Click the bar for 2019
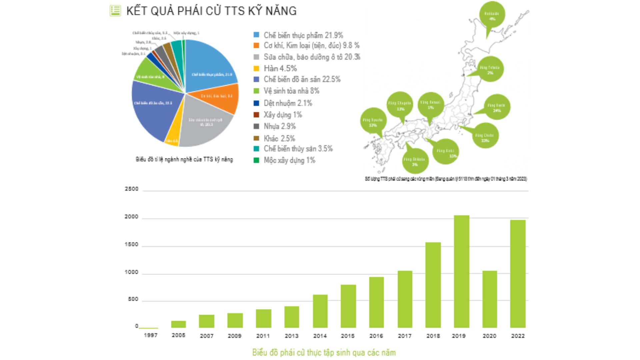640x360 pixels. pyautogui.click(x=461, y=271)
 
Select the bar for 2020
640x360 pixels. pyautogui.click(x=490, y=299)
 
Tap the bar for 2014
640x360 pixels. pyautogui.click(x=320, y=311)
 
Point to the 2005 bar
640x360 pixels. pyautogui.click(x=178, y=324)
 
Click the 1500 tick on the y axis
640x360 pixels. pyautogui.click(x=131, y=244)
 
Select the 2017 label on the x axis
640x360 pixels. pyautogui.click(x=405, y=336)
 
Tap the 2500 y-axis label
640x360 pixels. pyautogui.click(x=131, y=189)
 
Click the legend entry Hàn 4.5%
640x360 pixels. pyautogui.click(x=280, y=68)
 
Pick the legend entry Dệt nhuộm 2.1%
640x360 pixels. pyautogui.click(x=288, y=103)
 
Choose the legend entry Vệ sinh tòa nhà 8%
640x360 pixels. pyautogui.click(x=291, y=91)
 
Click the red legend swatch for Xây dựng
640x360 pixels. pyautogui.click(x=256, y=115)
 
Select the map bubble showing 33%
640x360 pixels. pyautogui.click(x=485, y=136)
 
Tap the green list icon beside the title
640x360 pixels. pyautogui.click(x=115, y=11)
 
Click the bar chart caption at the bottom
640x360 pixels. pyautogui.click(x=324, y=352)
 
